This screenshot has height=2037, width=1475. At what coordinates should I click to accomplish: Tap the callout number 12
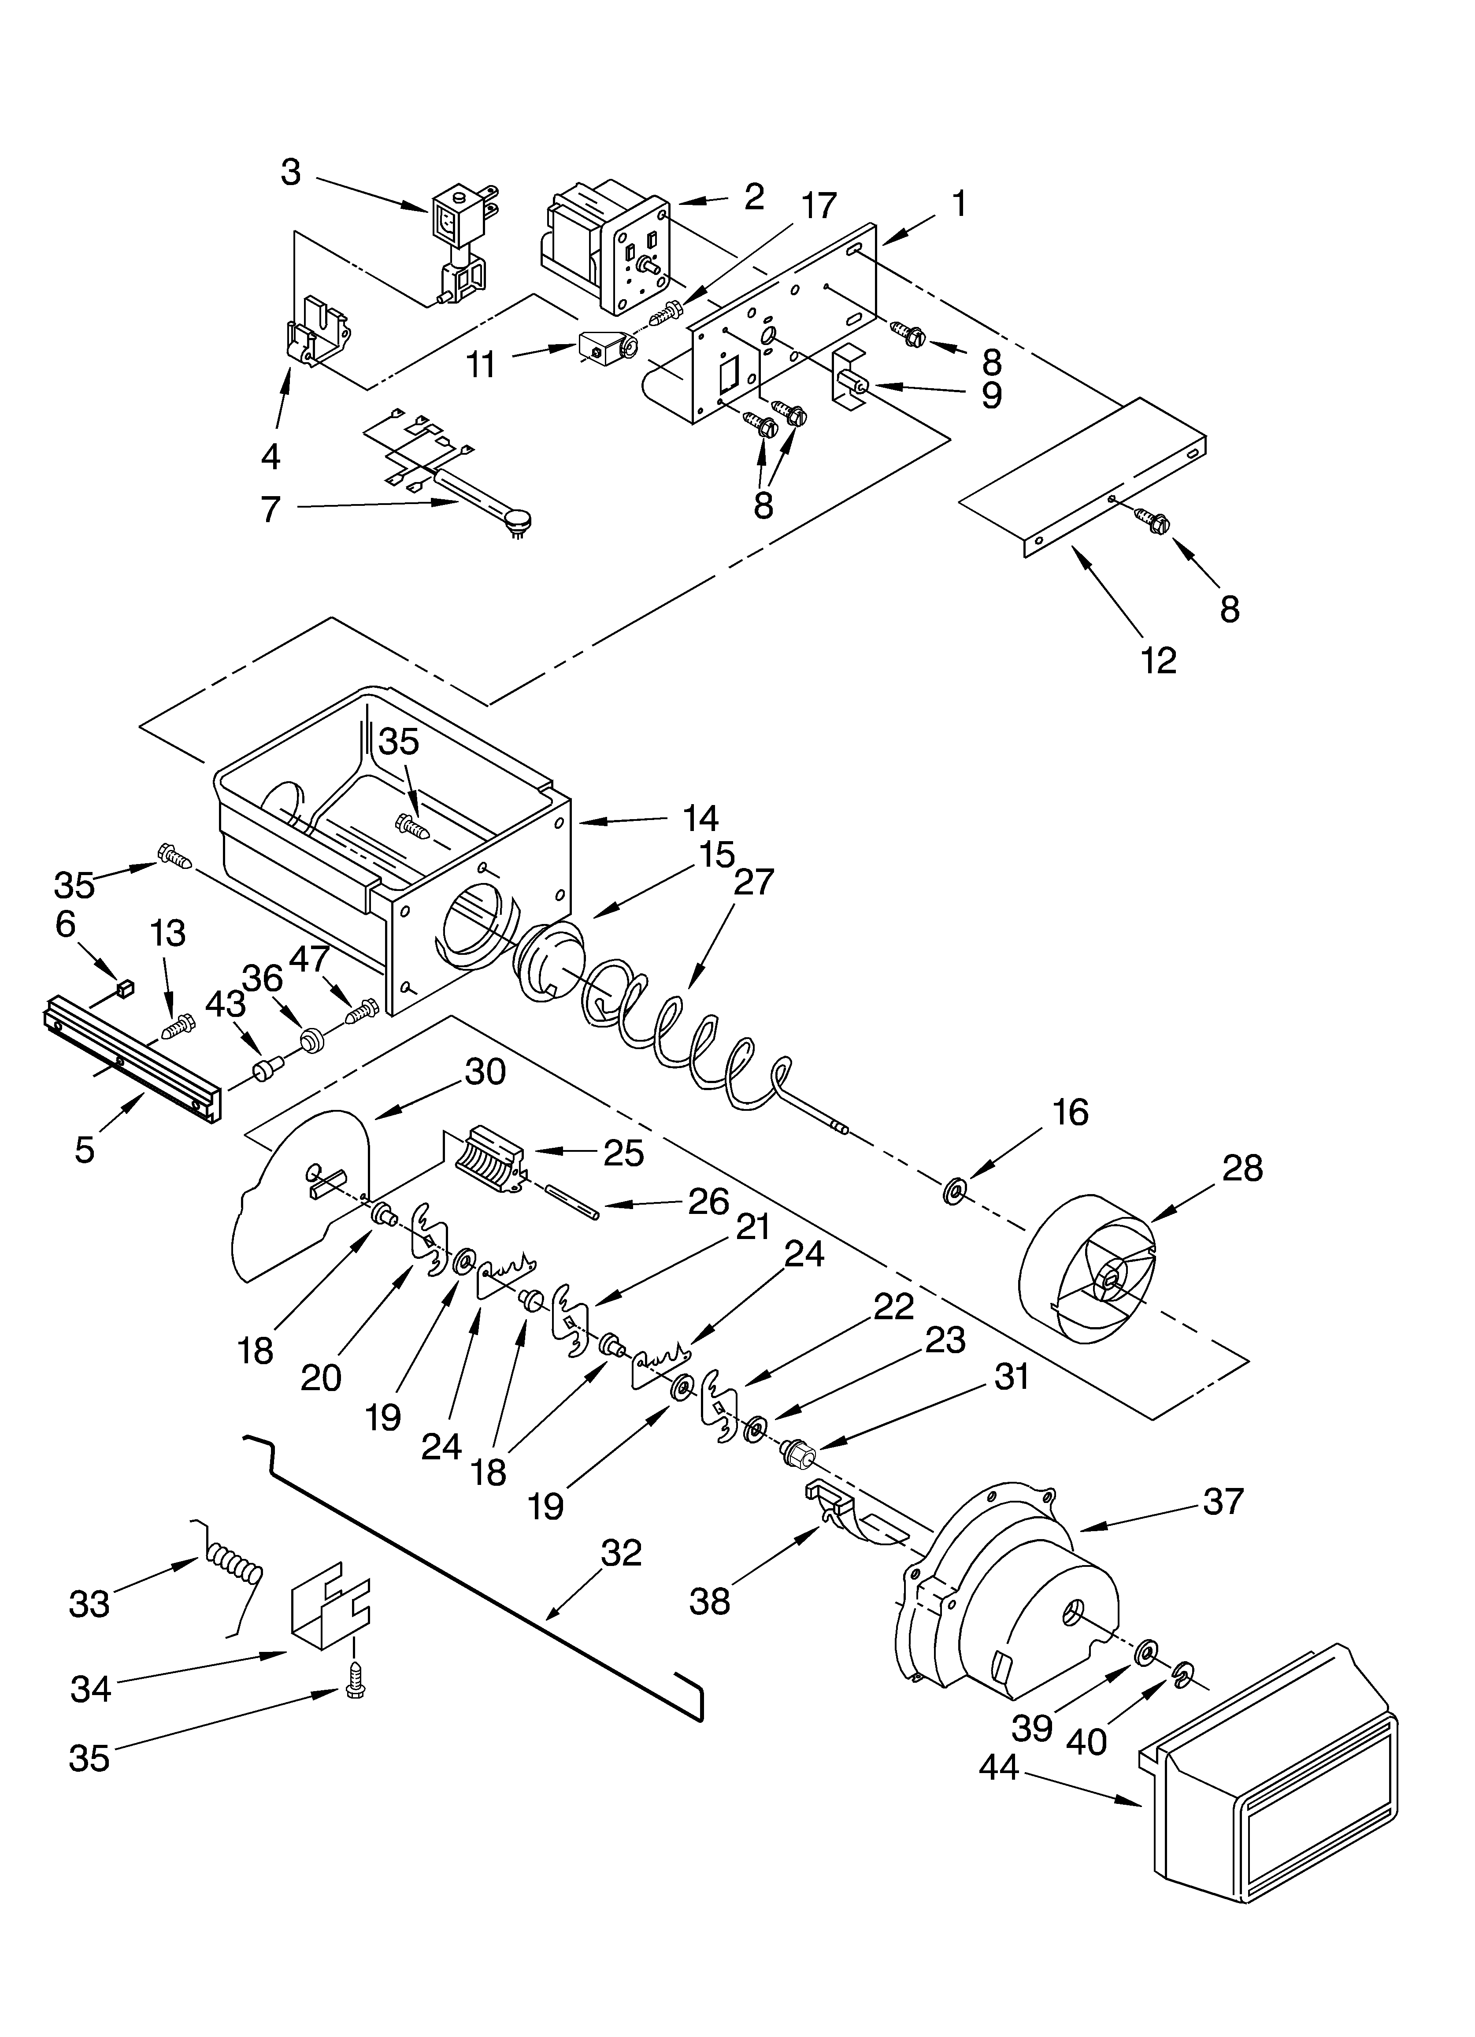tap(1159, 661)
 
